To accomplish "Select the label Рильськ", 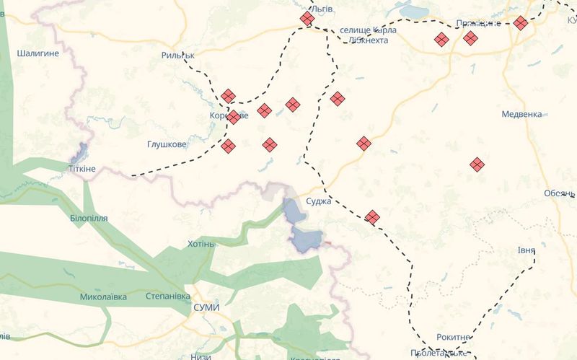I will (x=179, y=55).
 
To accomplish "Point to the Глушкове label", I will (x=167, y=144).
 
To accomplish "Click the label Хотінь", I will (x=201, y=244).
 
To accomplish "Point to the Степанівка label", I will (x=167, y=297).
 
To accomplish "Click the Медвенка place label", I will (x=521, y=114).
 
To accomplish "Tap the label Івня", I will (x=526, y=251).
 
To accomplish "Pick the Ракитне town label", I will (x=454, y=338).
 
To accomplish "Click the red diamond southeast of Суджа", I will (x=372, y=216).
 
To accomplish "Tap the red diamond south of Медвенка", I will (x=476, y=165).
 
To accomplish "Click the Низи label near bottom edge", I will (x=201, y=356).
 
